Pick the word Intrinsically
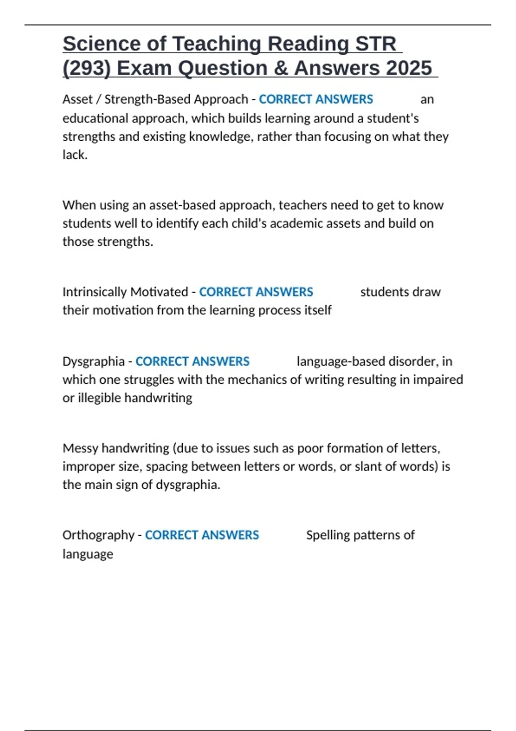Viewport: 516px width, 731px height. tap(95, 292)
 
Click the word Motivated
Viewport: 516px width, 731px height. tap(159, 292)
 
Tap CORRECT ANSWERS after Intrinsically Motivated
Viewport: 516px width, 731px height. tap(256, 292)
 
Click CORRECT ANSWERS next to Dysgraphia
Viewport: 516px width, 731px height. tap(192, 362)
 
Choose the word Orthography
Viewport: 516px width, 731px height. tap(98, 535)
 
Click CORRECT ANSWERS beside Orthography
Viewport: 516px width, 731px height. tap(202, 535)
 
